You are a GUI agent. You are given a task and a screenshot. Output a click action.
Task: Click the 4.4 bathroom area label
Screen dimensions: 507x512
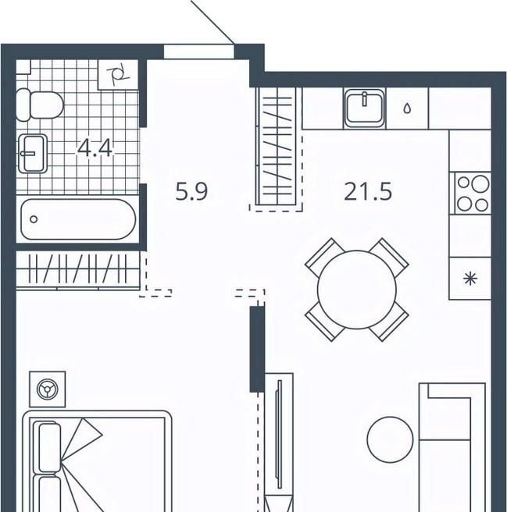click(x=95, y=148)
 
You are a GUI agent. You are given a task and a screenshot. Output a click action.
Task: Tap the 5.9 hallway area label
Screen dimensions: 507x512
click(x=191, y=191)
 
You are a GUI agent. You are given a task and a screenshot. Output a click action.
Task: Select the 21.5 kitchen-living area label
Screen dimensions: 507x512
click(x=368, y=191)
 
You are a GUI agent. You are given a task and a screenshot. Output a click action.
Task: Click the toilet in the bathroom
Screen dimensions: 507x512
click(x=40, y=105)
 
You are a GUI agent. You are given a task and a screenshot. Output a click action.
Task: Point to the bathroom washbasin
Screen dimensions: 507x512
click(x=32, y=153)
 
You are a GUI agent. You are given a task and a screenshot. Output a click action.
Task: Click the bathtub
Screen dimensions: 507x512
click(x=78, y=219)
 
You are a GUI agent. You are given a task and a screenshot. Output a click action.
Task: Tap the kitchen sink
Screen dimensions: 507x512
click(x=365, y=108)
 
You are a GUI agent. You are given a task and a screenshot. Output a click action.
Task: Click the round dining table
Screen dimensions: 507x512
click(x=357, y=290)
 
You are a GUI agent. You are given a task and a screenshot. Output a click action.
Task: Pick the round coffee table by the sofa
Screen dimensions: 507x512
click(x=390, y=439)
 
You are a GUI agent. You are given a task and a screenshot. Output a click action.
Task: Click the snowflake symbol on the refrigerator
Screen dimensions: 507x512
click(x=470, y=279)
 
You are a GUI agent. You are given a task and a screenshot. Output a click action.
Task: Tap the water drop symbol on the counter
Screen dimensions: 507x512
click(x=407, y=108)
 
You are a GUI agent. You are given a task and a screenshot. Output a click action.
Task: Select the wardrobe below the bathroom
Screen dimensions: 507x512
click(x=78, y=270)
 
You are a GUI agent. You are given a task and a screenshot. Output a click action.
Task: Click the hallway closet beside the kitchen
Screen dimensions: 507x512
click(x=277, y=146)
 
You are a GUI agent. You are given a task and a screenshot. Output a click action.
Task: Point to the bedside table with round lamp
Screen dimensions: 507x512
click(x=48, y=389)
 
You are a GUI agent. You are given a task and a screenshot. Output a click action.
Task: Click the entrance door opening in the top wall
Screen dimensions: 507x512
click(x=198, y=52)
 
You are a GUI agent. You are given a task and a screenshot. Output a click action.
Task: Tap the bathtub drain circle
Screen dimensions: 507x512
click(x=34, y=219)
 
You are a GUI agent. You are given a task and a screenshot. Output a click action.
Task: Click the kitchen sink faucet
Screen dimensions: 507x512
click(x=364, y=99)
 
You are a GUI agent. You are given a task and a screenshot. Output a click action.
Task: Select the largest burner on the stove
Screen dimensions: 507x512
click(x=481, y=183)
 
